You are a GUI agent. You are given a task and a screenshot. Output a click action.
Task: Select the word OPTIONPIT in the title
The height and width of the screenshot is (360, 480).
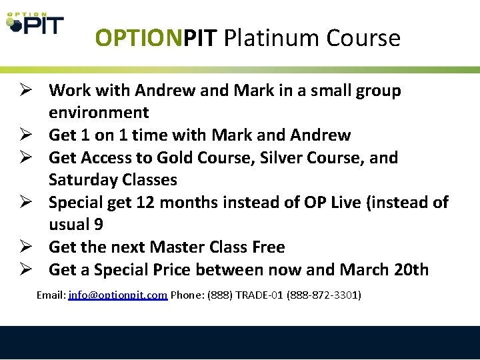click(157, 38)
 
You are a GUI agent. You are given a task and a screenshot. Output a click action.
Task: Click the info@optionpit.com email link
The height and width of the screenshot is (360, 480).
click(117, 295)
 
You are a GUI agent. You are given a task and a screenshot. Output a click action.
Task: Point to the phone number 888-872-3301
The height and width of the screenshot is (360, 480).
click(324, 295)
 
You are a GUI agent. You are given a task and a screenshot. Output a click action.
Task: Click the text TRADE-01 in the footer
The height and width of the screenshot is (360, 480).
click(258, 295)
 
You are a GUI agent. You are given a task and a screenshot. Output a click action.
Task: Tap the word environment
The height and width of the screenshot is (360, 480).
click(99, 113)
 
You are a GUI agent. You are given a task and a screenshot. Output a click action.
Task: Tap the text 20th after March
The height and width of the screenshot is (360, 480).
click(411, 270)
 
